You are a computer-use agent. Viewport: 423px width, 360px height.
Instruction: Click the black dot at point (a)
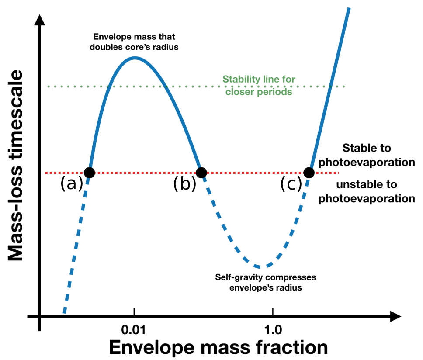point(89,173)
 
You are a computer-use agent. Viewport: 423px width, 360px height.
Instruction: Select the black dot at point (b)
point(201,173)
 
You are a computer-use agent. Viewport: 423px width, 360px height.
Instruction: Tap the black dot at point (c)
point(309,173)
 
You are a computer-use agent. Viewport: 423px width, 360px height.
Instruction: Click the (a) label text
point(71,184)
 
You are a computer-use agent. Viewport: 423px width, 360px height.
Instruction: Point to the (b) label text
point(184,184)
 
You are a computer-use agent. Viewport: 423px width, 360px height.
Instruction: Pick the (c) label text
point(291,184)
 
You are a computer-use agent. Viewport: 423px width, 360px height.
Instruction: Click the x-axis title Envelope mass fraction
point(218,347)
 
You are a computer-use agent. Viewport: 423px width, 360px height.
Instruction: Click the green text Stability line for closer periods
point(259,86)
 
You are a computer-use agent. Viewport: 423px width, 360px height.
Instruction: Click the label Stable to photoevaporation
point(367,155)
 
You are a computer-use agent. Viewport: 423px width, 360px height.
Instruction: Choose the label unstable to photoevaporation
point(367,191)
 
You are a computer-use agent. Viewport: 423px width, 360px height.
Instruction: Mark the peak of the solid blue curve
point(135,58)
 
